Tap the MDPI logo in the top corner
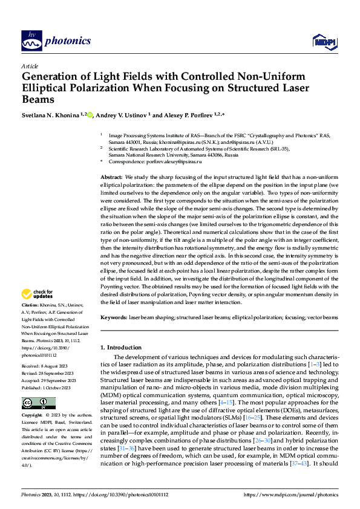coord(322,41)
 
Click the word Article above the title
coord(30,66)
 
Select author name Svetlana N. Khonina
coord(53,114)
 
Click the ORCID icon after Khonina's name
coord(91,114)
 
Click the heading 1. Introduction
coord(121,348)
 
